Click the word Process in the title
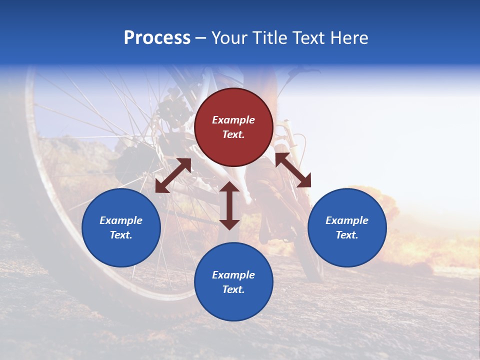[x=157, y=38]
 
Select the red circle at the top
[x=233, y=127]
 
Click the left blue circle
[x=121, y=227]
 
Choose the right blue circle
[x=347, y=227]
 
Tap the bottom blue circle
[x=233, y=281]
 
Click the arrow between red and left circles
[x=173, y=175]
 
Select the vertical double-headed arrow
[x=229, y=205]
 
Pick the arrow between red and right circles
[x=293, y=170]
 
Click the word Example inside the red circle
[x=233, y=120]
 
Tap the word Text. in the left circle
[x=121, y=235]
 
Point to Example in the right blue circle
[x=347, y=220]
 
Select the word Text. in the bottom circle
[x=233, y=289]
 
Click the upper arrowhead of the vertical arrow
[x=229, y=187]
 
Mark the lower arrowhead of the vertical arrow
[x=229, y=224]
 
